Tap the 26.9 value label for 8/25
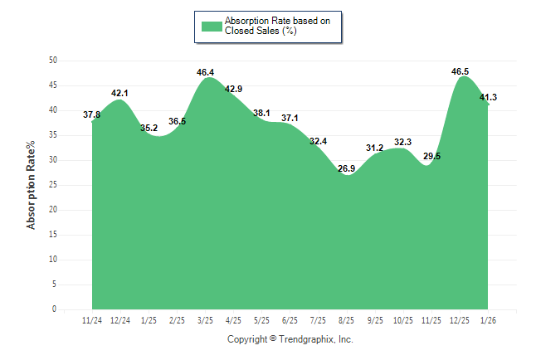coord(347,168)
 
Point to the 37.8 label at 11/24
coord(92,114)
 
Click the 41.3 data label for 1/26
coord(488,98)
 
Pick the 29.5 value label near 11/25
coord(431,156)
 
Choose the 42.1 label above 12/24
coord(121,94)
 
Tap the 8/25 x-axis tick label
coord(347,320)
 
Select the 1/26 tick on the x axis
coord(488,320)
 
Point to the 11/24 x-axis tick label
coord(92,320)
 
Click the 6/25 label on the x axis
coord(290,320)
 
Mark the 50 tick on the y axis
coord(53,61)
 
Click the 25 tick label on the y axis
coord(53,185)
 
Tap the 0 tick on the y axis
coord(55,309)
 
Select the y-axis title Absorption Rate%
coord(32,185)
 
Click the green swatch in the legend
coord(212,26)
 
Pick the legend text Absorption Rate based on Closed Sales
coord(271,26)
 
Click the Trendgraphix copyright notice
coord(290,339)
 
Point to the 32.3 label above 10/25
coord(403,142)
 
